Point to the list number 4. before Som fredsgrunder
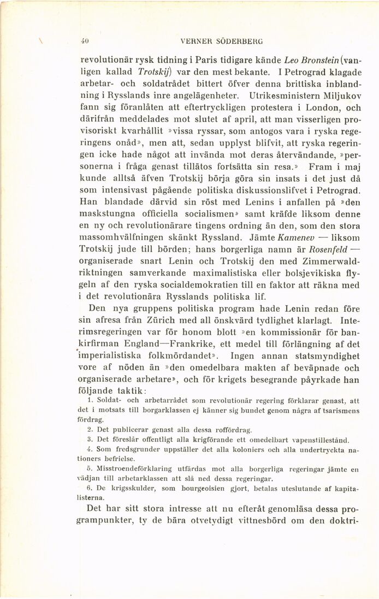tap(90, 449)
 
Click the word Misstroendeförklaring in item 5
tap(129, 469)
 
